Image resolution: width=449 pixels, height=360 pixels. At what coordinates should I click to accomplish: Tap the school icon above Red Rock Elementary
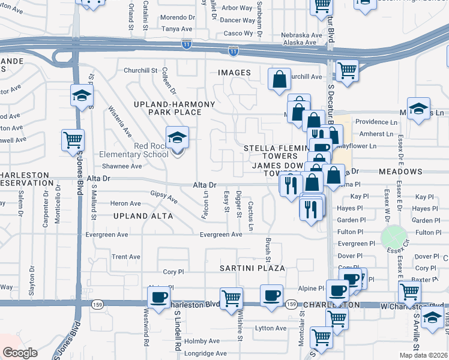177,138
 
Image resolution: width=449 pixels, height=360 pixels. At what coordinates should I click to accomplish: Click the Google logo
20,353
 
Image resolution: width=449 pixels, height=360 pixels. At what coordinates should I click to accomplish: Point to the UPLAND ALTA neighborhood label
143,215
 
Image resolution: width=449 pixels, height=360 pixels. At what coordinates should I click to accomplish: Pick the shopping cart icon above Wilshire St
231,298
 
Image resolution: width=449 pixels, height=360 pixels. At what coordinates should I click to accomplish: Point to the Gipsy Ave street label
164,197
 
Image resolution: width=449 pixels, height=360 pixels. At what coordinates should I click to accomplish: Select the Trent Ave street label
126,257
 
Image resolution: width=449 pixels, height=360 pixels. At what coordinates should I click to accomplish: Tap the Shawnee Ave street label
121,166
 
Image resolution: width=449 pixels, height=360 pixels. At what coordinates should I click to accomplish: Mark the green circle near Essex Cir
393,237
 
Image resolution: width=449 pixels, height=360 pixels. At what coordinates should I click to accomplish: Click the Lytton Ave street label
271,328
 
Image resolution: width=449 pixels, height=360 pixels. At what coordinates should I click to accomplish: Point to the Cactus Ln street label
251,218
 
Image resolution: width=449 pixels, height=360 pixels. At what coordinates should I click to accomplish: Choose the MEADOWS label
401,172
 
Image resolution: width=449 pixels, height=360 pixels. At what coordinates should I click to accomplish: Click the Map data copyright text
428,355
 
